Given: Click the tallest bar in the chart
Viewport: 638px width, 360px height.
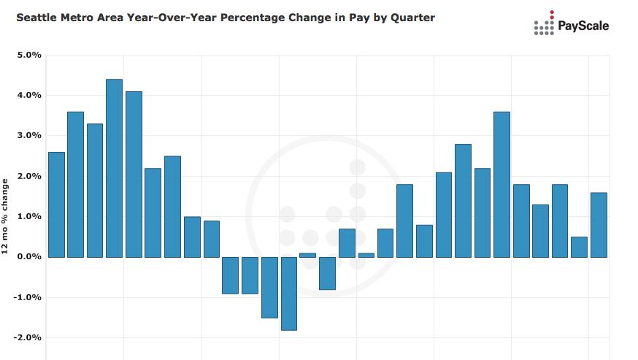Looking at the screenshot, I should point(114,168).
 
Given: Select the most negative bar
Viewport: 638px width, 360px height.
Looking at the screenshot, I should point(289,294).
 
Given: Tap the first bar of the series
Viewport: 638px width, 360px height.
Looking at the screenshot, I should point(56,204).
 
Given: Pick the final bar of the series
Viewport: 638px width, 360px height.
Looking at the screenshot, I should point(599,225).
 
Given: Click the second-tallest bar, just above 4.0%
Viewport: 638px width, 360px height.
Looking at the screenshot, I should point(134,174).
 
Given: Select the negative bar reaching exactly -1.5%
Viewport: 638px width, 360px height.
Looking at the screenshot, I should point(269,287).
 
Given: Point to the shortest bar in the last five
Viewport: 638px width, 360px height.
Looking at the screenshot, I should point(579,247).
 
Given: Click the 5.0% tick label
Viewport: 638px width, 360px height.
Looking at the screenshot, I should point(28,55).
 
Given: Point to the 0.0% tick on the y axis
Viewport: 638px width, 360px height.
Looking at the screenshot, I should point(28,257).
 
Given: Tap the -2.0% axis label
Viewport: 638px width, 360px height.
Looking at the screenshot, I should point(27,338).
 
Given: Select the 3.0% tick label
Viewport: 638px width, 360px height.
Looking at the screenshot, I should point(28,136).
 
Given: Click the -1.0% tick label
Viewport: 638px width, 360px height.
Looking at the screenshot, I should point(27,298).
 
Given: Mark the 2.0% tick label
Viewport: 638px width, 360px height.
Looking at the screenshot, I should point(28,177).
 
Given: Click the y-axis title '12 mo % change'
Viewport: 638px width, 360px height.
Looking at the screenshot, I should point(6,216).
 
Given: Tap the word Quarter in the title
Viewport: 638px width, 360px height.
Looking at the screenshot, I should point(412,17).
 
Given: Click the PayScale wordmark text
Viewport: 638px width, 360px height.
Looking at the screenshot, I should point(583,26).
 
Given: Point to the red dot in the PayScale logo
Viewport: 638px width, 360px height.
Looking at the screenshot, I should point(552,12).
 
